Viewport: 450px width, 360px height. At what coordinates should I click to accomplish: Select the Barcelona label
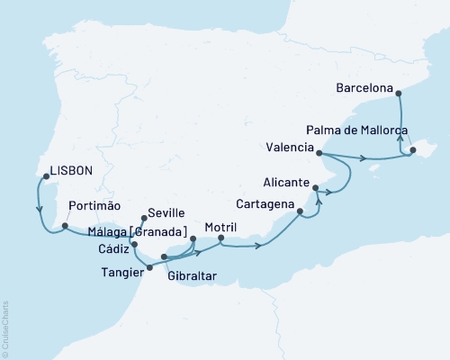click(x=364, y=89)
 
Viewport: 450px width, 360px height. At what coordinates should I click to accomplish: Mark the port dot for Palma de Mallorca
click(x=413, y=151)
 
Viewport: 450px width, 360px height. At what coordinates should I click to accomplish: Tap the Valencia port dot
click(x=319, y=154)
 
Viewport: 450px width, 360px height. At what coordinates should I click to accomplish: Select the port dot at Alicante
click(x=315, y=187)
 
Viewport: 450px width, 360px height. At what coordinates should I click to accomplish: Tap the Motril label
click(x=220, y=226)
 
